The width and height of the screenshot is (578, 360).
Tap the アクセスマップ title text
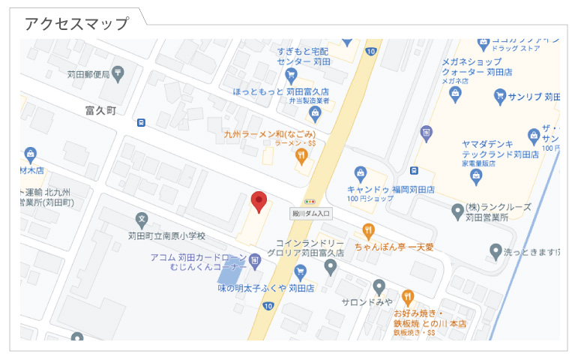76,24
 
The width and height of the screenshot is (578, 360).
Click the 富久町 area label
100,109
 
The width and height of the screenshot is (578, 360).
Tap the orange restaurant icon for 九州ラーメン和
301,156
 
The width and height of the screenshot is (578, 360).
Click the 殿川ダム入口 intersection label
311,214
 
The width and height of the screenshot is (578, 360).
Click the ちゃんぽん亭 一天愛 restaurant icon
368,229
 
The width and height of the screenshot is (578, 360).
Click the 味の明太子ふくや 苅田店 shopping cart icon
301,271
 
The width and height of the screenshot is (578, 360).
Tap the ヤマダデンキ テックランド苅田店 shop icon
475,176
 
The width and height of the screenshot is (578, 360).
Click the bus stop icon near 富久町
141,123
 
